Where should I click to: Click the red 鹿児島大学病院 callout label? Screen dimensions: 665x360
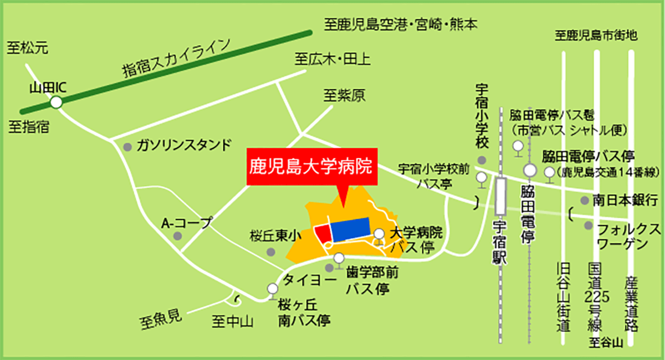tap(312, 165)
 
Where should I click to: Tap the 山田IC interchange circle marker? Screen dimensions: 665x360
tap(56, 102)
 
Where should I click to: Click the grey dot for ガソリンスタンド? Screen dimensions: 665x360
tap(127, 147)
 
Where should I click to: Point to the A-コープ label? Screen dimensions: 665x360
tap(186, 223)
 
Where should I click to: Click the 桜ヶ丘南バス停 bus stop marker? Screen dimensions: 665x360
tap(272, 289)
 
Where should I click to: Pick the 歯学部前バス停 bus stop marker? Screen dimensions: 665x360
tap(339, 258)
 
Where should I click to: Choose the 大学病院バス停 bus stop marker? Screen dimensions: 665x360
tap(379, 234)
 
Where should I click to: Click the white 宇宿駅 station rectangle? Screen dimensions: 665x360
tap(501, 197)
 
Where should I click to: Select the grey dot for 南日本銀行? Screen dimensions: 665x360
tap(584, 200)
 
